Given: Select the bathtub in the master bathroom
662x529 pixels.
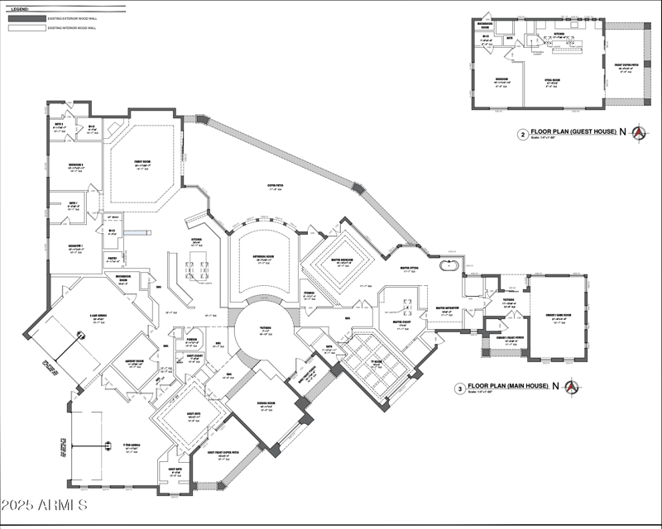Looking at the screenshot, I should coord(448,266).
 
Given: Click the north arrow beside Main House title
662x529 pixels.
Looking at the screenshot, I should coord(571,386).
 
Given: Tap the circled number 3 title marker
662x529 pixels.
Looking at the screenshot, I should coord(459,387).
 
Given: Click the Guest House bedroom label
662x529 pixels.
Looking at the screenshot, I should coord(501,82).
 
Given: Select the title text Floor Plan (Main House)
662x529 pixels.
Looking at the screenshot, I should coord(511,385).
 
